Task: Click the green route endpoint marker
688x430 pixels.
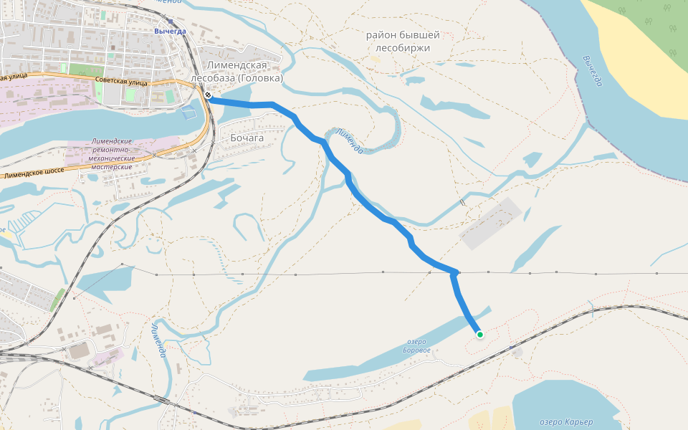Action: pos(479,334)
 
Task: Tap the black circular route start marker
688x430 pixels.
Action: pos(208,95)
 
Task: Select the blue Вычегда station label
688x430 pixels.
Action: pos(170,31)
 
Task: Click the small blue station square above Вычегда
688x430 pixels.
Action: pos(171,22)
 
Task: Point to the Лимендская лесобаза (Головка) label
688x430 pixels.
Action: pos(237,72)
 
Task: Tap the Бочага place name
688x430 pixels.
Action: pos(247,138)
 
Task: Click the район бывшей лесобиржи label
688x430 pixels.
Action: pos(403,41)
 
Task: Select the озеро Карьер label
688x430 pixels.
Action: pos(565,422)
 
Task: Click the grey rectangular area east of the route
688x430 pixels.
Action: pos(490,224)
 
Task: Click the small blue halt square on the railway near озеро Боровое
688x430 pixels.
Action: pos(511,348)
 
